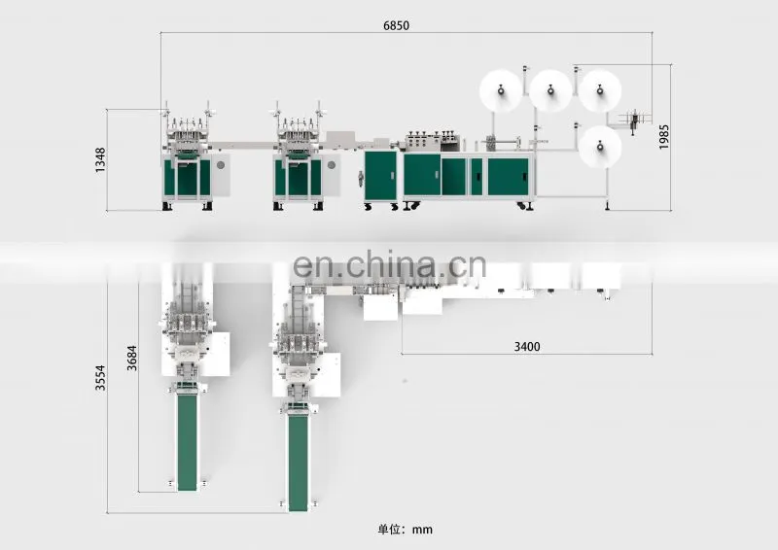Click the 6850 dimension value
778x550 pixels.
pos(396,25)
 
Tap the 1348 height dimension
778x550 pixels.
pos(101,159)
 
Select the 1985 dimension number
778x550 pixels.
pos(664,137)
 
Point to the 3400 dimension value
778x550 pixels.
pos(527,346)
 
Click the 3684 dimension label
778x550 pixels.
pos(131,358)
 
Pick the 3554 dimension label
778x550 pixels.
pos(101,378)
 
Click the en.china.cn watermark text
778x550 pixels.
pos(390,265)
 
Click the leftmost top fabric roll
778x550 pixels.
pos(501,91)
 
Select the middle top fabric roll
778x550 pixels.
pos(550,91)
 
